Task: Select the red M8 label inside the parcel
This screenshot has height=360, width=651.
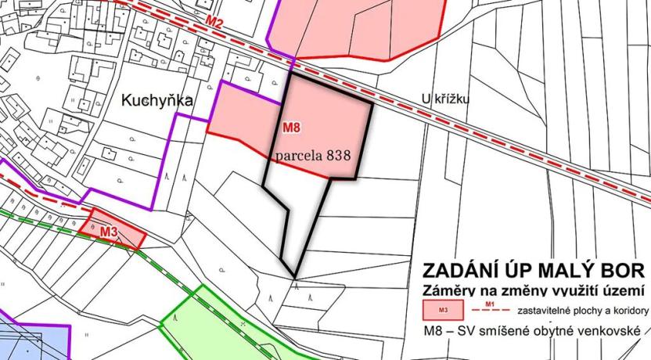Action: [x=290, y=127]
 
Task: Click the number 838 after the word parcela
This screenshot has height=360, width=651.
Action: [x=345, y=156]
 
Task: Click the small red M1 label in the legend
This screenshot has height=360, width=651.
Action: [x=491, y=303]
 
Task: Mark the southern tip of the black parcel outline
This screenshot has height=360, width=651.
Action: [x=295, y=276]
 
